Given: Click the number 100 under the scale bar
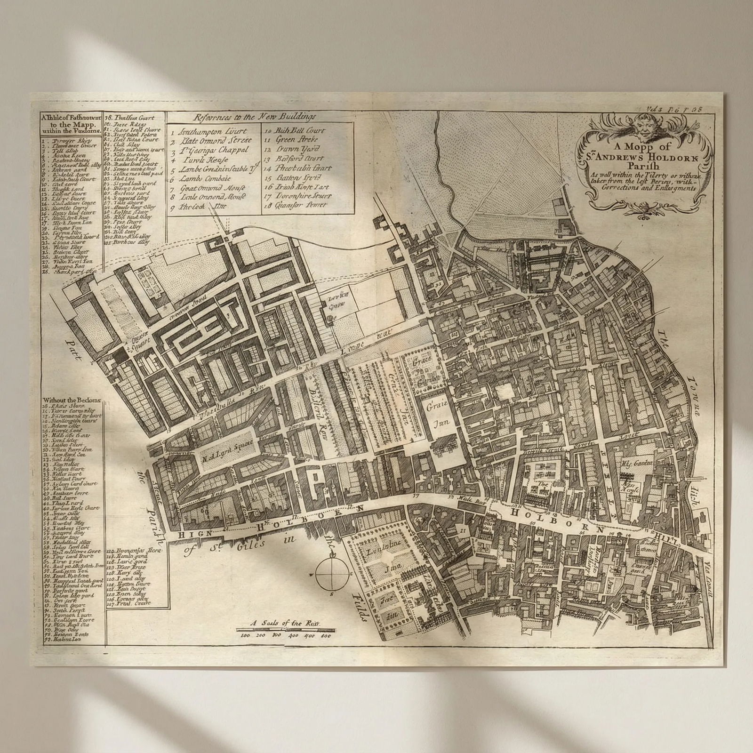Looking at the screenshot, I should pyautogui.click(x=245, y=635).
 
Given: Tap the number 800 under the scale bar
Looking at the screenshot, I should pyautogui.click(x=326, y=635).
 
